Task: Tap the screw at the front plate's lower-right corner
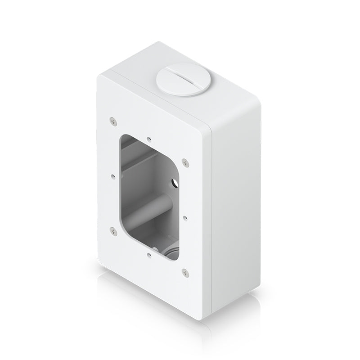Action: point(184,271)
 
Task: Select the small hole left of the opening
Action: point(111,177)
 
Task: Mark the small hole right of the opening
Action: point(185,216)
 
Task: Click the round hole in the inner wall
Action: point(172,182)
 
